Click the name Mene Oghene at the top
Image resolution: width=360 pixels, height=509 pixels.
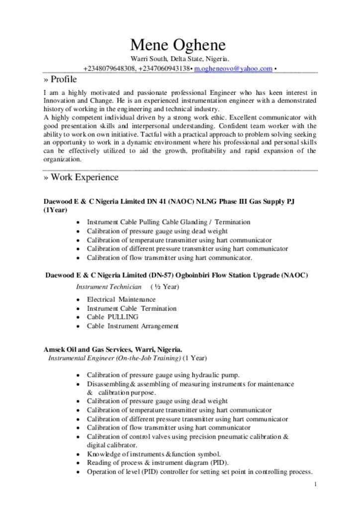click(x=178, y=46)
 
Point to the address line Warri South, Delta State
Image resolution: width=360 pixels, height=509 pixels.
click(x=180, y=60)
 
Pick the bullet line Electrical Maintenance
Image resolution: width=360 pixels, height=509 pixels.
click(x=121, y=299)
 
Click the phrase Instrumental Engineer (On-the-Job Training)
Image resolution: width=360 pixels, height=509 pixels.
click(x=114, y=358)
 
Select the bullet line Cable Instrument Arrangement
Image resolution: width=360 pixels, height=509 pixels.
click(x=132, y=326)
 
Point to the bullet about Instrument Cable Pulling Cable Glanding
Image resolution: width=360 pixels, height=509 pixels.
click(x=169, y=222)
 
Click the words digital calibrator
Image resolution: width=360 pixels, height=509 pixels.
click(x=112, y=445)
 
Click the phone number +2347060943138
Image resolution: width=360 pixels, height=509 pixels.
click(x=164, y=68)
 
